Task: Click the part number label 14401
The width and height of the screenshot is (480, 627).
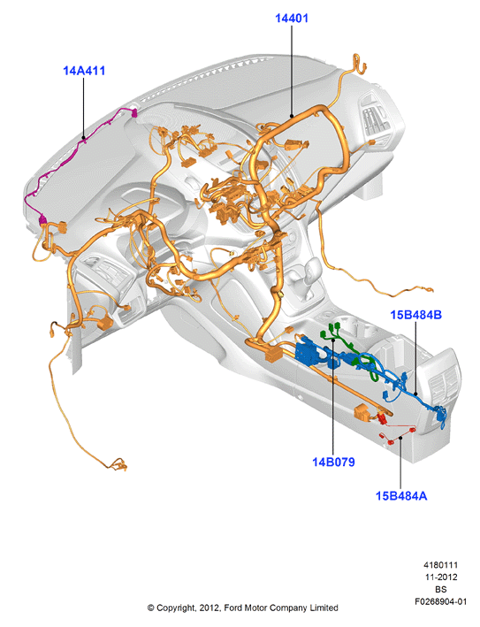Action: (292, 19)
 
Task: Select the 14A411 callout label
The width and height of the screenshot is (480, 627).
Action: (84, 71)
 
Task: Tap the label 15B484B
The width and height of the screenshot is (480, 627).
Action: (416, 315)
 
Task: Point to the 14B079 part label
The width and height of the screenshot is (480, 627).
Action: (333, 462)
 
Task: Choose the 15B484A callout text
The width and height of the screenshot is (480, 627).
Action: (401, 496)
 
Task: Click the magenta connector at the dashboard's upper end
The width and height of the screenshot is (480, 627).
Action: (133, 113)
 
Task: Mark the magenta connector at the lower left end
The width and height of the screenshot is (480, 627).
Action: (42, 219)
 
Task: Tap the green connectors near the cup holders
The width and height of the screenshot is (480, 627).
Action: (332, 331)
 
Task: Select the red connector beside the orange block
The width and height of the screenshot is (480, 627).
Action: (382, 418)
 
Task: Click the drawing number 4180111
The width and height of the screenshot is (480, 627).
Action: (440, 565)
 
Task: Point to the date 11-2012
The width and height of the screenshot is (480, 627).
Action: (440, 577)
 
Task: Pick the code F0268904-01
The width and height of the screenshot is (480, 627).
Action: (440, 601)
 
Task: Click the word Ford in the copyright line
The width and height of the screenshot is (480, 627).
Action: (232, 608)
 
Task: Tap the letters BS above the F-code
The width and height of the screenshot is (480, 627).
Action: (441, 589)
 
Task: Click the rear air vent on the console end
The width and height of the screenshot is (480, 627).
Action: (444, 380)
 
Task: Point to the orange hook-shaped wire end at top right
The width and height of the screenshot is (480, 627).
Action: (359, 63)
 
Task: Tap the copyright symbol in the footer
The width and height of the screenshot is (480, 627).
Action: (150, 608)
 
